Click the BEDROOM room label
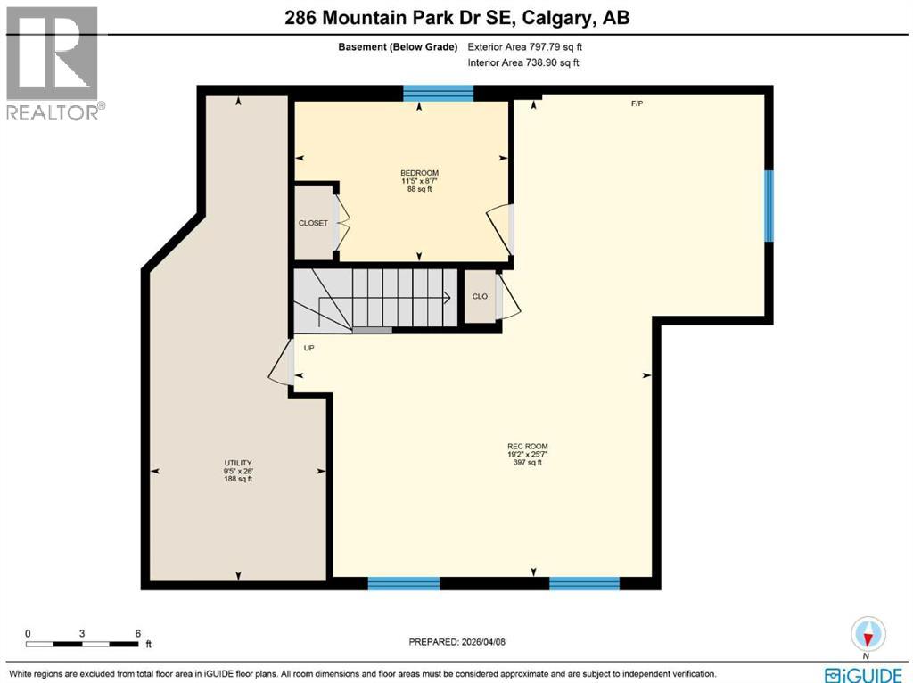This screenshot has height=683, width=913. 419,173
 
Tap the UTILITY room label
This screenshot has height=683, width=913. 238,463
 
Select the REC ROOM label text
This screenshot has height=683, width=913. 529,447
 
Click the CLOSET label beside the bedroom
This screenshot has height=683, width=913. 313,223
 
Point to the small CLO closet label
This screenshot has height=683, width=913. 480,296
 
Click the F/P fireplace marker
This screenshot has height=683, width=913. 637,104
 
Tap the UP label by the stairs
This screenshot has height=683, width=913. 308,348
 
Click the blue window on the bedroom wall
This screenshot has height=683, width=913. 438,92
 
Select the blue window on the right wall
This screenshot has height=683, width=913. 768,206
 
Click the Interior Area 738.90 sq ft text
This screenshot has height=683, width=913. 523,62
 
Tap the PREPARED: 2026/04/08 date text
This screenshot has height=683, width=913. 463,641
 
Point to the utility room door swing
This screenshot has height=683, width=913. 280,365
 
